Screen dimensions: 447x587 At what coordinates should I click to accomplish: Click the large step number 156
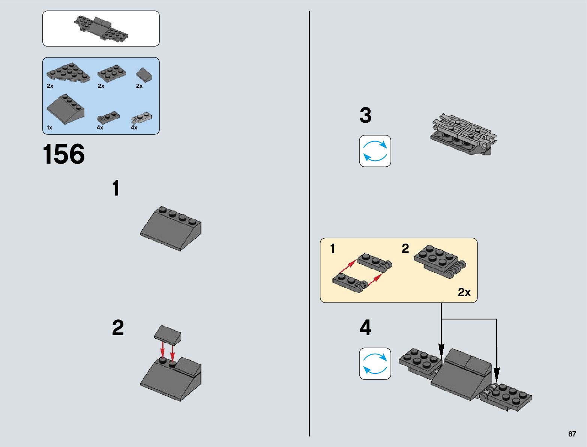coord(64,154)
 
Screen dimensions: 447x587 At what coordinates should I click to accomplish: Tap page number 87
coord(572,434)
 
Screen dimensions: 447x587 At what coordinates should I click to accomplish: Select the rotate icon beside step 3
coord(375,151)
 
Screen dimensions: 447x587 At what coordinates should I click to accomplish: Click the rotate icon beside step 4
coord(375,364)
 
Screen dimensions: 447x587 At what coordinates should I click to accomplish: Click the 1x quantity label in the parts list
coord(50,128)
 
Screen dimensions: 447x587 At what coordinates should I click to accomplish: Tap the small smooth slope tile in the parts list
coord(144,74)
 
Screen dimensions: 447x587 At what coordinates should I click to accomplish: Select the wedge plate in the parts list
coord(68,72)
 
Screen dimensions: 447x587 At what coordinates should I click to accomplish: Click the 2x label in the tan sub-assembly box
coord(464,292)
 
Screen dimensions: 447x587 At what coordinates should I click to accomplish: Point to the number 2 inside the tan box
coord(405,248)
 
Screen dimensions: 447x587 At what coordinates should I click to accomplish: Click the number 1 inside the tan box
coord(332,248)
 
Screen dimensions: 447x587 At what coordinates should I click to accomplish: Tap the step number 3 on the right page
coord(365,115)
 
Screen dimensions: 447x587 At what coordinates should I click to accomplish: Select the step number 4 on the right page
coord(365,328)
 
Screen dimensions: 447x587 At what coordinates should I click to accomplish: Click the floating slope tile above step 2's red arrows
coord(168,334)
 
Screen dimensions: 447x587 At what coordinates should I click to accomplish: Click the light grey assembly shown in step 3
coord(463,135)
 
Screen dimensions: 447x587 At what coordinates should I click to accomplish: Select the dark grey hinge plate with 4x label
coord(108,117)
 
